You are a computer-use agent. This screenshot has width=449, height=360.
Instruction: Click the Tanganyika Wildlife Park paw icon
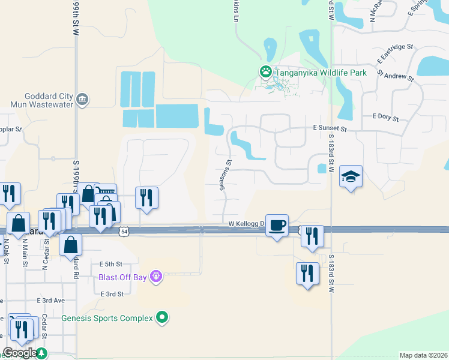266,72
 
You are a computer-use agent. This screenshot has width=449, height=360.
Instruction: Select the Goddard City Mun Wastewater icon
83,99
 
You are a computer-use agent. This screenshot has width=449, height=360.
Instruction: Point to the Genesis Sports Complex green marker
161,317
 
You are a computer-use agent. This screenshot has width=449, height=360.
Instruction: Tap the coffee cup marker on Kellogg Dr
276,225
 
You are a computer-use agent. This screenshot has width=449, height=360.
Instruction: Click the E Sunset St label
330,128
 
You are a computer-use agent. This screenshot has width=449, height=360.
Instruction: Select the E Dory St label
385,116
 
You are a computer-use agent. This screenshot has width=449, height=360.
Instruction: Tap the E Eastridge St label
396,54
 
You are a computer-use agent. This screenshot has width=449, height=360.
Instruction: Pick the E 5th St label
110,264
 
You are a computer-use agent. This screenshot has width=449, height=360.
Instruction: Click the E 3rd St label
112,294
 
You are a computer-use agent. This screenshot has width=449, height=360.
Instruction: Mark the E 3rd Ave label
50,300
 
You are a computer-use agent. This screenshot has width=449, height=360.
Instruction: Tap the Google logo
19,353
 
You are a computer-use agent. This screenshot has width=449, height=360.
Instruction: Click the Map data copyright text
423,355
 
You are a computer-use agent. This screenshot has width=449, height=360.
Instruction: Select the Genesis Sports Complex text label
107,318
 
